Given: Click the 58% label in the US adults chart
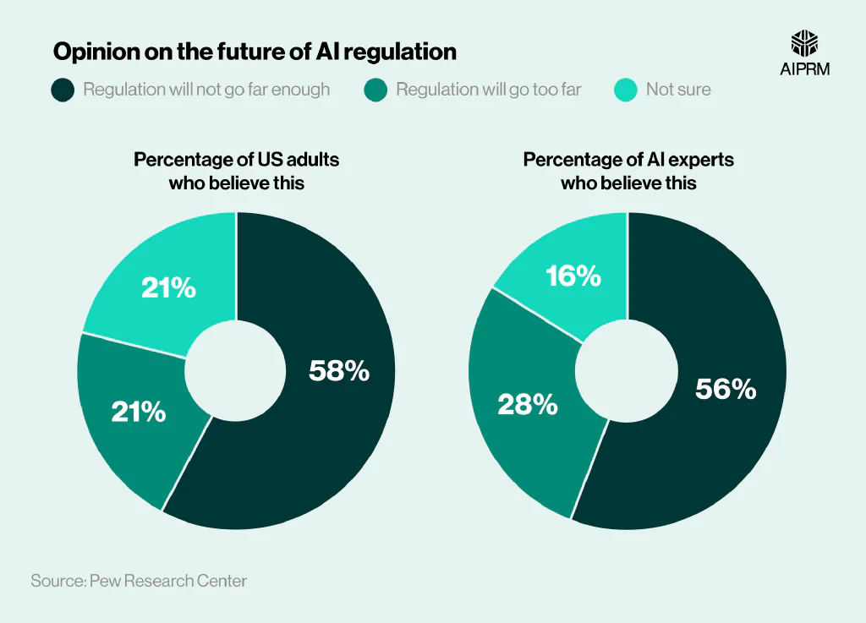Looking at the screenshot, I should (x=338, y=370).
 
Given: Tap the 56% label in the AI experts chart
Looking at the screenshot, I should (x=725, y=389).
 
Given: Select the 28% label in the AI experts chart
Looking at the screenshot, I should (x=527, y=405).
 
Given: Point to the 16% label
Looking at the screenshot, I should (x=573, y=276).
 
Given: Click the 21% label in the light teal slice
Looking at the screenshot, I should (x=169, y=288).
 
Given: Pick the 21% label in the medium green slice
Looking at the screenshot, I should (x=139, y=412).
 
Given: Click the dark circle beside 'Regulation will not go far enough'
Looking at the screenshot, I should (x=63, y=90).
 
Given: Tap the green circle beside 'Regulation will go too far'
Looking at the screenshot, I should (x=376, y=90).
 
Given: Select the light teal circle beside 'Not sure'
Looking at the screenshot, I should (x=626, y=90).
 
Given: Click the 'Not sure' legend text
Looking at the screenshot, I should (x=678, y=90).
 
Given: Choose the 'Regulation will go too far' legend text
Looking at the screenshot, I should (x=488, y=90).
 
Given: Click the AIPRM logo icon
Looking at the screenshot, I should (x=804, y=45).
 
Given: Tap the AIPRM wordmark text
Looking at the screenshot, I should (x=804, y=69).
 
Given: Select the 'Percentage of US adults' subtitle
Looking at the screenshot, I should (x=236, y=159).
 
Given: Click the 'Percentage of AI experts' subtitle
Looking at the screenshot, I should (x=628, y=159).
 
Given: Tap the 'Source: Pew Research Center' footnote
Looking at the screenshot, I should (x=139, y=581).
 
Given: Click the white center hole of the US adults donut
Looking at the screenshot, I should (x=236, y=370).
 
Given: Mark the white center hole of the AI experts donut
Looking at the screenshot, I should (x=628, y=370).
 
